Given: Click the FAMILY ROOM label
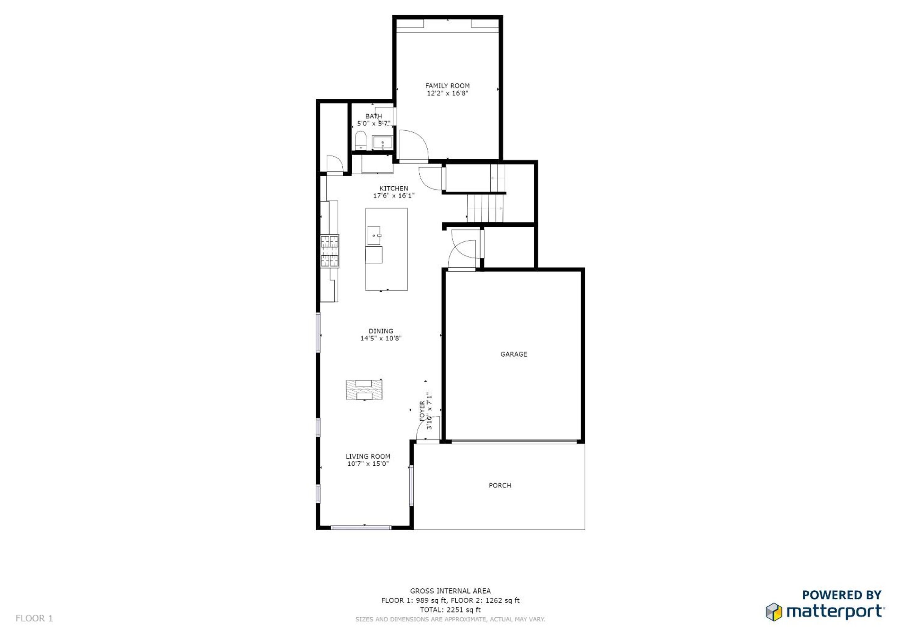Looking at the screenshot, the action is click(447, 86).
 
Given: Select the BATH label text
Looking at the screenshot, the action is click(373, 116).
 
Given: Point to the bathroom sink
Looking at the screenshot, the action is click(382, 142).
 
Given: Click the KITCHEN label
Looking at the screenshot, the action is click(394, 188).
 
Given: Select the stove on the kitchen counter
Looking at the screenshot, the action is click(330, 251).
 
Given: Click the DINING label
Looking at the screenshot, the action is click(381, 331).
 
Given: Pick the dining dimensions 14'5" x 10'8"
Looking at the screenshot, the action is click(381, 338).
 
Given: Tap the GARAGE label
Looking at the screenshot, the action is click(514, 354).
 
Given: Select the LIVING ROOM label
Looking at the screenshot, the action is click(368, 457).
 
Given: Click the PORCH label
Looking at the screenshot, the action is click(500, 486).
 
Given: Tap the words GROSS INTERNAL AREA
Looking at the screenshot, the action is click(450, 591).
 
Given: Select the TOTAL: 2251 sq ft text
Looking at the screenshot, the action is click(450, 610).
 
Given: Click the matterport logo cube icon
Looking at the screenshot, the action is click(774, 612).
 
